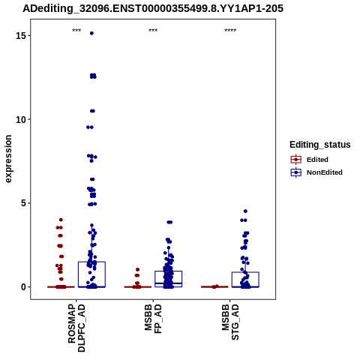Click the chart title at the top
pyautogui.click(x=153, y=8)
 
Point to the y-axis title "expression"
pyautogui.click(x=8, y=159)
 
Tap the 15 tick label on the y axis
pyautogui.click(x=21, y=36)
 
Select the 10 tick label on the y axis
pyautogui.click(x=21, y=120)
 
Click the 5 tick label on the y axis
pyautogui.click(x=24, y=203)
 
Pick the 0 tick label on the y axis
pyautogui.click(x=24, y=287)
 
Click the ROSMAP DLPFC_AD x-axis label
pyautogui.click(x=76, y=328)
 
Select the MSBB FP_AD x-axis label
pyautogui.click(x=153, y=319)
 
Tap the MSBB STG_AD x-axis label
pyautogui.click(x=230, y=322)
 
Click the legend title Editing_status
pyautogui.click(x=320, y=145)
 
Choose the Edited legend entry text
pyautogui.click(x=317, y=160)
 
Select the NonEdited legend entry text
pyautogui.click(x=325, y=172)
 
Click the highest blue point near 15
pyautogui.click(x=91, y=33)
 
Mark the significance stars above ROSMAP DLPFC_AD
pyautogui.click(x=76, y=30)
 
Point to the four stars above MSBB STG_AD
pyautogui.click(x=230, y=30)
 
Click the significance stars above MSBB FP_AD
pyautogui.click(x=153, y=30)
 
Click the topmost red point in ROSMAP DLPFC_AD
pyautogui.click(x=61, y=220)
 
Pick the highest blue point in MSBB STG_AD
pyautogui.click(x=245, y=211)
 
